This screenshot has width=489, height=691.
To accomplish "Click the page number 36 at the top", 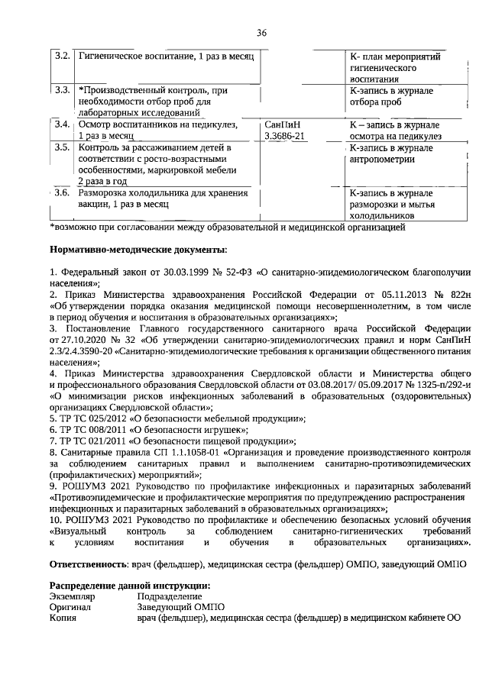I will coord(262,32).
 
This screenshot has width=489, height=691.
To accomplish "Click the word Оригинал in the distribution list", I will coord(70,608).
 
